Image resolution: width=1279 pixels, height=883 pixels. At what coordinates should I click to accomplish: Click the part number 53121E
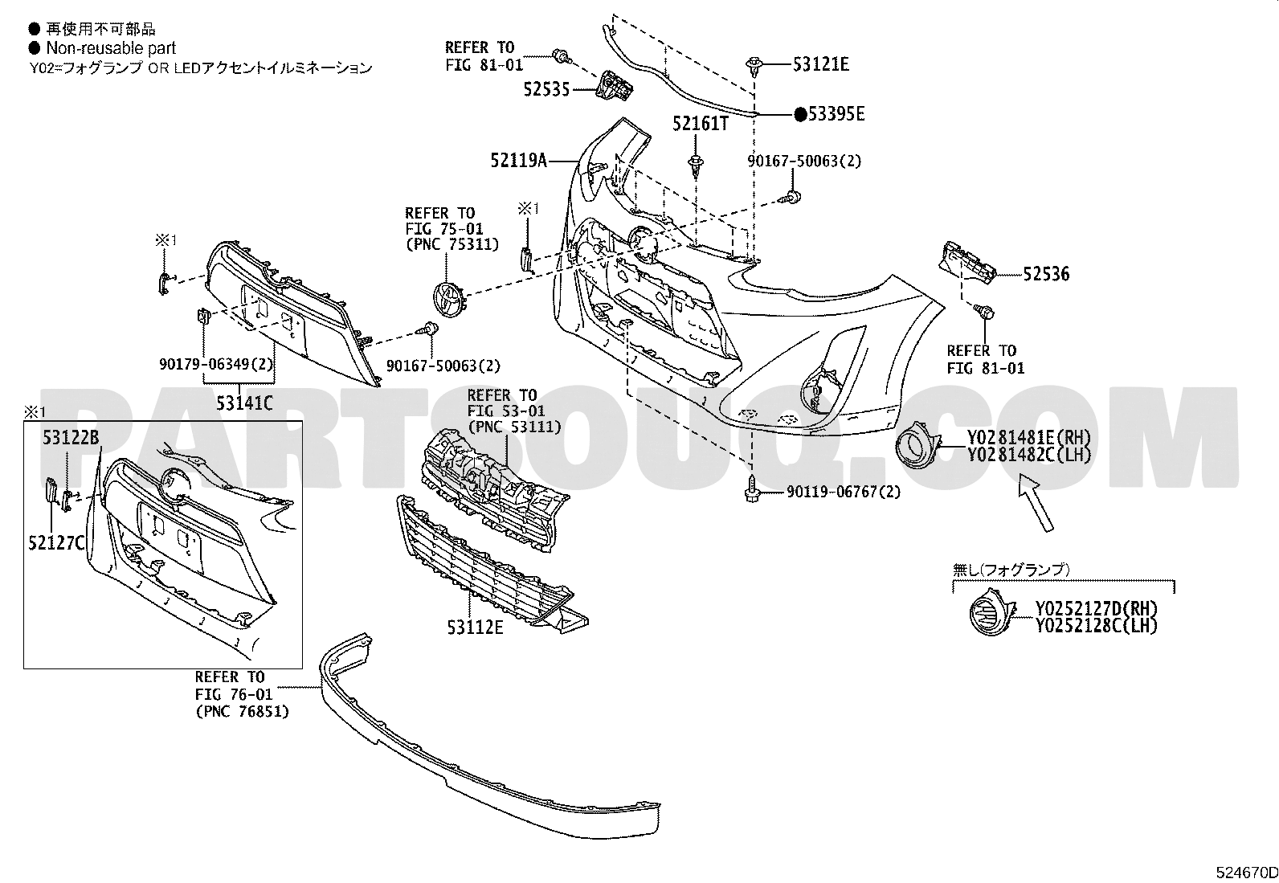[820, 64]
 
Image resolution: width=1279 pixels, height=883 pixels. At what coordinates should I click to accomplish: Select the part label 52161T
[701, 124]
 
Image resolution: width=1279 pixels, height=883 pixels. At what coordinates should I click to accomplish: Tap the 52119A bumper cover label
[518, 161]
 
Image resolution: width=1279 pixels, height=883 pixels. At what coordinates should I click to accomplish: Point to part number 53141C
[244, 403]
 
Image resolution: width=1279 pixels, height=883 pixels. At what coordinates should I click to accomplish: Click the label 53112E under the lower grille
[475, 628]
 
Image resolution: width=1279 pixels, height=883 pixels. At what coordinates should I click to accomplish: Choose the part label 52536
[1046, 274]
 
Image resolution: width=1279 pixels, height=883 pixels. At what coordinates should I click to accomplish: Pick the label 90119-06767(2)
[844, 492]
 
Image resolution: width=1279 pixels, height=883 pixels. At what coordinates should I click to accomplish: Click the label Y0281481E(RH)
[1029, 438]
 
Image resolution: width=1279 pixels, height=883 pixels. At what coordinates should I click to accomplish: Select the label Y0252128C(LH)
[1097, 626]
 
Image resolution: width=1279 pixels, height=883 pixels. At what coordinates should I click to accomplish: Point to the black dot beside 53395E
[800, 115]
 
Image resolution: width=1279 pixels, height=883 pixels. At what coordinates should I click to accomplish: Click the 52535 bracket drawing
[615, 87]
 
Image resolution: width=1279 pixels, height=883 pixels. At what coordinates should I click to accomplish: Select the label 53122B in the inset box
[71, 438]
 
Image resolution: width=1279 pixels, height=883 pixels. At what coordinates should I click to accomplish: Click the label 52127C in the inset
[56, 542]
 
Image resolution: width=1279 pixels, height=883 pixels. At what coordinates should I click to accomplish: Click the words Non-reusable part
[111, 48]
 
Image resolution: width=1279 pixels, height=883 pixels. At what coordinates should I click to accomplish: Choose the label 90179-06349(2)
[216, 364]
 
